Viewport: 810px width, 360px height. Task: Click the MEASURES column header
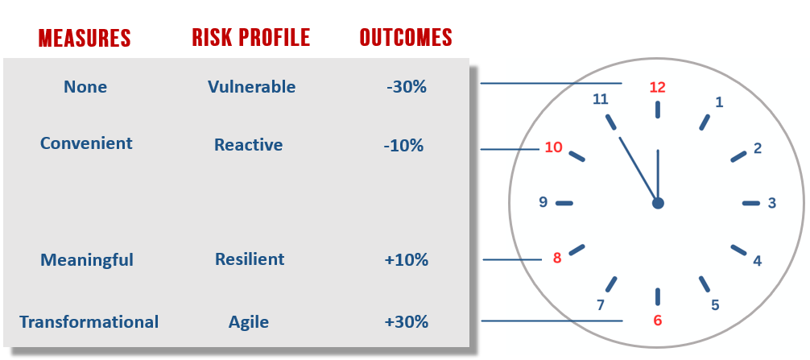click(x=85, y=38)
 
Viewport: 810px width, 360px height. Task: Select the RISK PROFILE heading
click(x=251, y=37)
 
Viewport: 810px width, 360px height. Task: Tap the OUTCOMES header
click(x=406, y=37)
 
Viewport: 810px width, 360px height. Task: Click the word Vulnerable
click(x=251, y=87)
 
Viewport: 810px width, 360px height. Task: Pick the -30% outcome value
click(x=407, y=87)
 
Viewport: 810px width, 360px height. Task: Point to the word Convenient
click(x=86, y=143)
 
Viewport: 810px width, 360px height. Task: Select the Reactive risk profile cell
click(x=249, y=145)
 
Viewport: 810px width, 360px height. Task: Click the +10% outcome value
click(x=407, y=260)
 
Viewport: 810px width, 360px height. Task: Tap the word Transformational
click(x=89, y=322)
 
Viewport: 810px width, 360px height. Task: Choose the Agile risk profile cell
click(x=249, y=323)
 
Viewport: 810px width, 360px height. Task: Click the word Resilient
click(x=250, y=259)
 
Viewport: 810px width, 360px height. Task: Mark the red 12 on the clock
click(x=658, y=87)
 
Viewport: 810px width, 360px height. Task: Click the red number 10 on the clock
click(x=553, y=147)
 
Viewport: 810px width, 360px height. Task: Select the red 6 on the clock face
click(x=658, y=321)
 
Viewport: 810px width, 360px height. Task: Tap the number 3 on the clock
click(x=772, y=203)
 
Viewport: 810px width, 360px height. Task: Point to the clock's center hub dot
click(x=658, y=203)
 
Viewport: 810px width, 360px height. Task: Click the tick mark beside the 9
click(x=564, y=203)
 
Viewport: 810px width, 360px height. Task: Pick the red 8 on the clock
click(x=557, y=258)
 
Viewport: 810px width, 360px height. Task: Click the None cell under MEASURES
click(x=85, y=87)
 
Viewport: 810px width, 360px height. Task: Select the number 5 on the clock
click(x=715, y=305)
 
